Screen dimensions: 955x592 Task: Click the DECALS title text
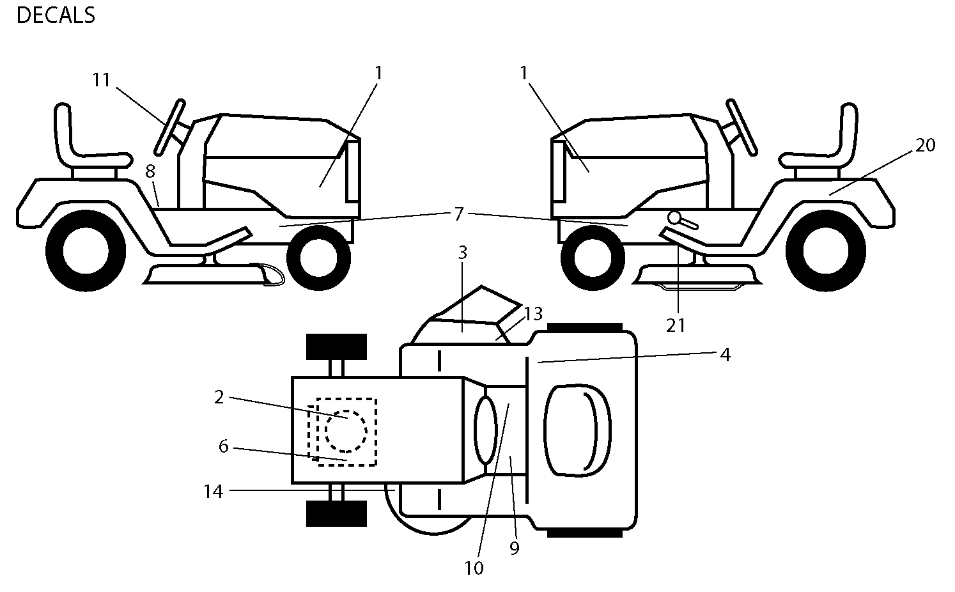56,16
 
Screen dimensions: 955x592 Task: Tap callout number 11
102,80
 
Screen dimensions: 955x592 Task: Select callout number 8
150,171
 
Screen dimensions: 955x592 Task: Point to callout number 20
925,145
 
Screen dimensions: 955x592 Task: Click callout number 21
676,326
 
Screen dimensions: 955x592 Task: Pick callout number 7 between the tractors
458,214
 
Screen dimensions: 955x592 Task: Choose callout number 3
463,253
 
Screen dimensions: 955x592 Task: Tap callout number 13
533,314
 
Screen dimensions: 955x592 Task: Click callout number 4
726,355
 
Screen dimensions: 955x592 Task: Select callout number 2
219,398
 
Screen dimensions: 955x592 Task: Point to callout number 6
223,447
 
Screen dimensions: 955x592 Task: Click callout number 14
213,492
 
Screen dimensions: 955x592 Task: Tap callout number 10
474,568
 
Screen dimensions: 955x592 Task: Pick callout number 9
515,549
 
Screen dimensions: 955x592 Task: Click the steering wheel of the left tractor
169,127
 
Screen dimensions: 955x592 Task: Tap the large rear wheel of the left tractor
86,251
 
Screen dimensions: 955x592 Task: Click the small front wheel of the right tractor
593,258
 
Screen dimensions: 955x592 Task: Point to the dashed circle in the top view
346,431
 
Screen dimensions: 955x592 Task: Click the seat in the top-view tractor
577,430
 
